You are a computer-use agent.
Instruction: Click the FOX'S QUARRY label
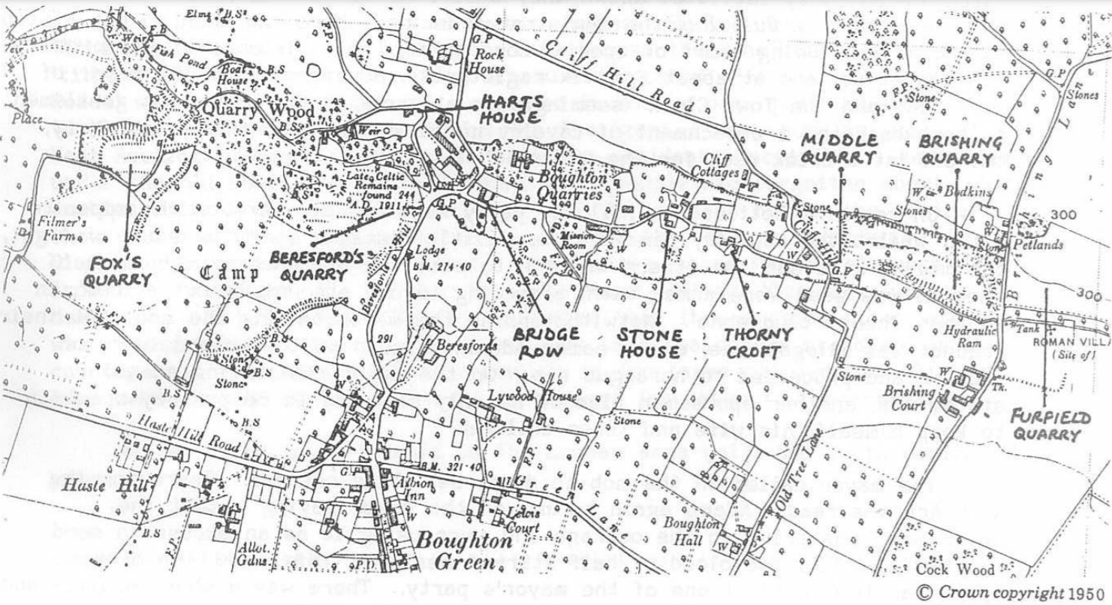pyautogui.click(x=119, y=271)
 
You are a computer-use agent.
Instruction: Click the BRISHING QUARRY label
pyautogui.click(x=961, y=150)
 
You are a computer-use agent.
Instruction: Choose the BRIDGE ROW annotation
pyautogui.click(x=546, y=341)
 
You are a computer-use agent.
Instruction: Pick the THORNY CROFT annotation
pyautogui.click(x=758, y=340)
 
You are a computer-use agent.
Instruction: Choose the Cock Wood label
pyautogui.click(x=966, y=569)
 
